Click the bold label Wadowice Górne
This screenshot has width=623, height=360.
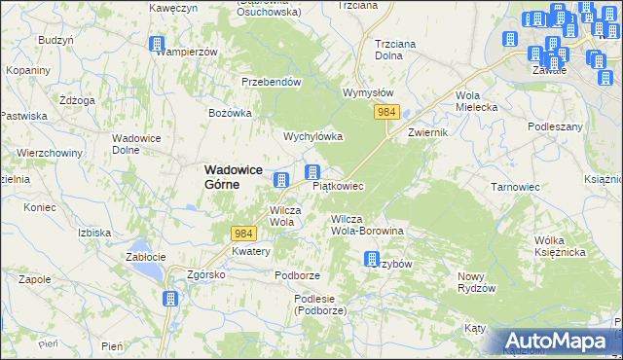pyautogui.click(x=233, y=176)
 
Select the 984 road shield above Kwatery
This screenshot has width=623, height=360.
pyautogui.click(x=244, y=234)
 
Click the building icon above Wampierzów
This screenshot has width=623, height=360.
pyautogui.click(x=157, y=44)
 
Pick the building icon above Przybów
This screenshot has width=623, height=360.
pyautogui.click(x=371, y=258)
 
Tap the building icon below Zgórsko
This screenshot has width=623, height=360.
pyautogui.click(x=170, y=298)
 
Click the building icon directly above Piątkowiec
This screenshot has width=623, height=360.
pyautogui.click(x=312, y=172)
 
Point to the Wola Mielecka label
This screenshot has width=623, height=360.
pyautogui.click(x=476, y=101)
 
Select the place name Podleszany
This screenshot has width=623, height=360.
pyautogui.click(x=555, y=126)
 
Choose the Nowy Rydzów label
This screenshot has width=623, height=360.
pyautogui.click(x=477, y=282)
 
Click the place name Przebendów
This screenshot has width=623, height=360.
pyautogui.click(x=271, y=83)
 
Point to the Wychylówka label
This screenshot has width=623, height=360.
pyautogui.click(x=312, y=136)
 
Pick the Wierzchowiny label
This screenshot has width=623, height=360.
pyautogui.click(x=48, y=154)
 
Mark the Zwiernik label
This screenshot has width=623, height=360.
pyautogui.click(x=427, y=131)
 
